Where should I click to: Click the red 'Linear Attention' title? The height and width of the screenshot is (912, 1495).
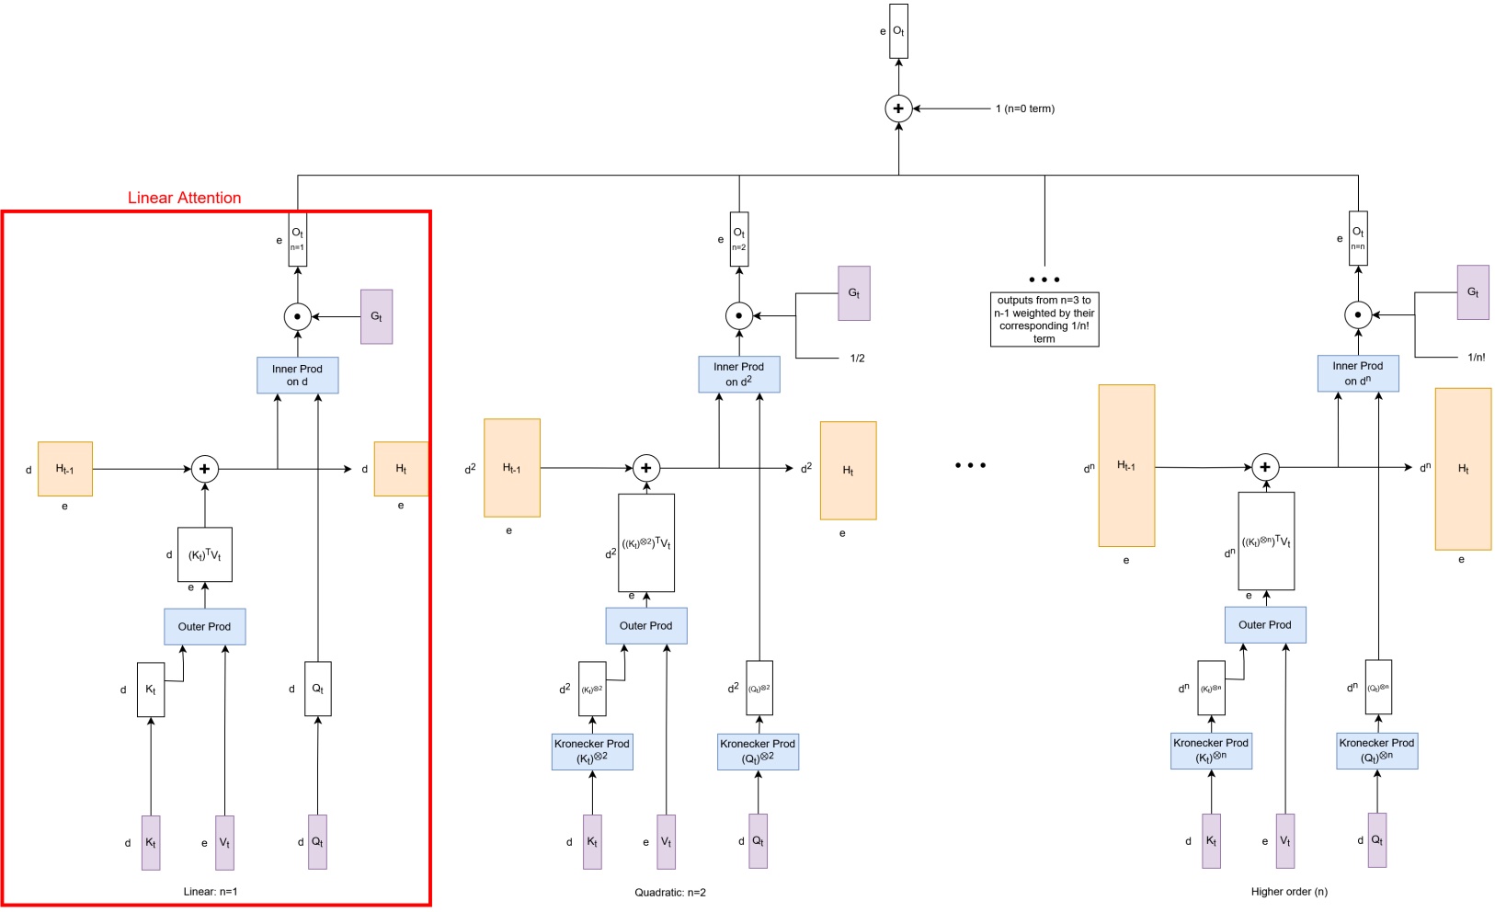pos(184,198)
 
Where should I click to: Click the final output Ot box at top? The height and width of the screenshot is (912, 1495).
pos(898,31)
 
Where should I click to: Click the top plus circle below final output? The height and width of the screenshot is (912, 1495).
pos(898,108)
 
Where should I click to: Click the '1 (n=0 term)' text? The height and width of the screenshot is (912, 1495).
pos(1024,108)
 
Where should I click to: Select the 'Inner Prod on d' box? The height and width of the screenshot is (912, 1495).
pos(297,375)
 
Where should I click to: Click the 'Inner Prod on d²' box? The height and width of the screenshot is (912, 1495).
pos(738,374)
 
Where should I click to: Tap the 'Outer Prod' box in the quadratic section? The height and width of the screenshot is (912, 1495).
pos(645,625)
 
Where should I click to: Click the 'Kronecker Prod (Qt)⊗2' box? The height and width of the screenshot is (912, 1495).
pos(758,751)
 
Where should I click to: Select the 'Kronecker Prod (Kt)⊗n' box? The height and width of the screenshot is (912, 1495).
pos(1211,750)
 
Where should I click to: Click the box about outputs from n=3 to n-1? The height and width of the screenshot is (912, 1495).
pos(1044,319)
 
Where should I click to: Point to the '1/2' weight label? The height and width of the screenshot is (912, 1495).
pos(857,359)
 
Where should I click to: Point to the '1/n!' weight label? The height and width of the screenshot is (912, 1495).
pos(1476,358)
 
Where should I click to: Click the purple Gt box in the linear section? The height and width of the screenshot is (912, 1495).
pos(376,316)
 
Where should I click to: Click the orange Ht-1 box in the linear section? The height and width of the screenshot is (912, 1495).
pos(64,469)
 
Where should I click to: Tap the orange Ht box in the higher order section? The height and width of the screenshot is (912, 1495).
pos(1463,469)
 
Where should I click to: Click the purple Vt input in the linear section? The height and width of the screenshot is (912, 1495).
pos(224,842)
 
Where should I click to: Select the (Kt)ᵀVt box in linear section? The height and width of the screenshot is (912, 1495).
pos(204,554)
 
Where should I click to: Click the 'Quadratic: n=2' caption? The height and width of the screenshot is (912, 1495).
pos(670,893)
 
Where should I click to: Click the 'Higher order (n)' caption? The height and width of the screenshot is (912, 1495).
pos(1289,892)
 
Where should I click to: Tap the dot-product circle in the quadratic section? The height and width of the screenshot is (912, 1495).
pos(738,316)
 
